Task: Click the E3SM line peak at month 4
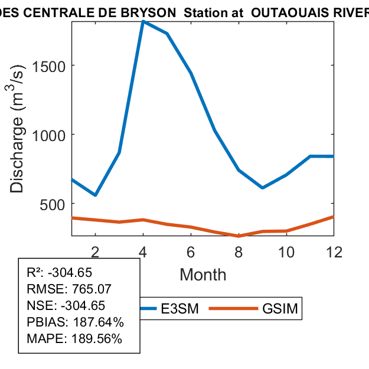(143, 22)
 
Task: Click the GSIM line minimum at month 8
(239, 236)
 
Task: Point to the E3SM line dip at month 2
(95, 195)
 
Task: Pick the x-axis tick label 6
(191, 252)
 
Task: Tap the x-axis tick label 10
(286, 252)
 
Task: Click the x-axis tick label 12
(334, 252)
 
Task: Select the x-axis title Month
(203, 275)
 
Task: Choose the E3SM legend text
(180, 309)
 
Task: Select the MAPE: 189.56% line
(74, 339)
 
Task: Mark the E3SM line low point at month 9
(262, 188)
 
